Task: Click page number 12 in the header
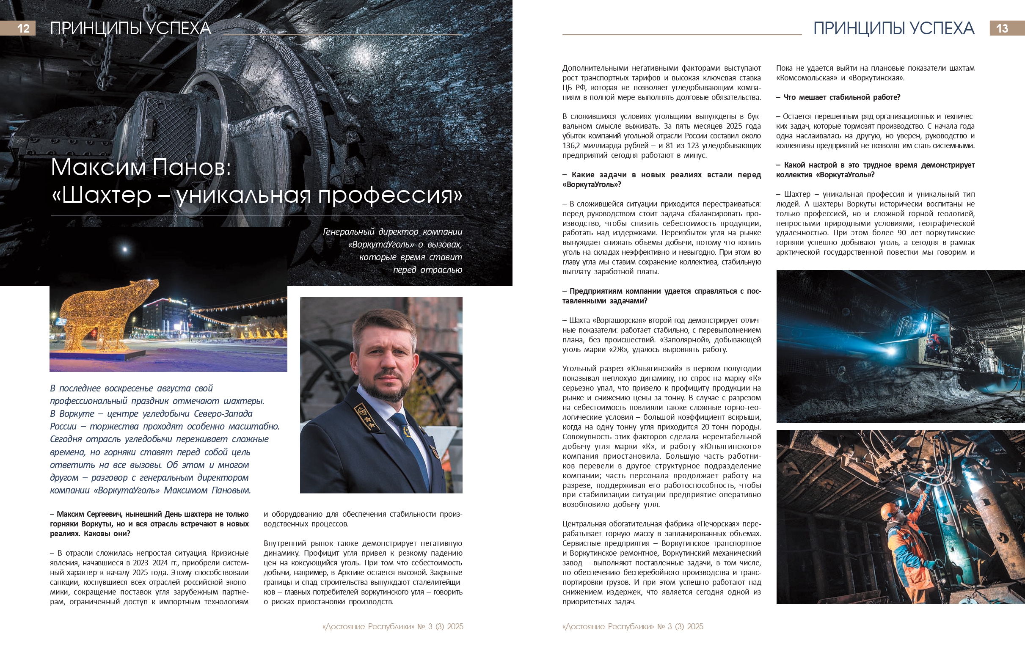23,28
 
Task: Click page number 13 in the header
1002,28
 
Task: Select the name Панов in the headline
192,167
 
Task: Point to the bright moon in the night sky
125,249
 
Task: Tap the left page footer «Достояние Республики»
368,627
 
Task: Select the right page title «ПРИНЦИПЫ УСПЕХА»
894,28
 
